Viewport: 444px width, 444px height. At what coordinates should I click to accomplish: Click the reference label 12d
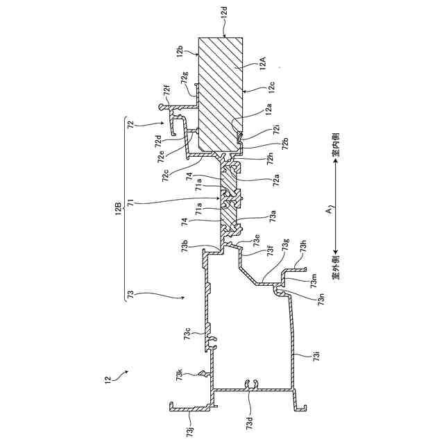coord(224,14)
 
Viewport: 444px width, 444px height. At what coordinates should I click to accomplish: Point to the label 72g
coord(185,78)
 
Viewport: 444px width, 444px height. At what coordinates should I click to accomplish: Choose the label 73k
coord(181,375)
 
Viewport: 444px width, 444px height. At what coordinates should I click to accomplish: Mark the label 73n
coord(321,300)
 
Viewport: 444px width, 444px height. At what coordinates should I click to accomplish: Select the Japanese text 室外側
coord(335,266)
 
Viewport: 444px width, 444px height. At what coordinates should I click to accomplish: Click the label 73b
coord(185,246)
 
